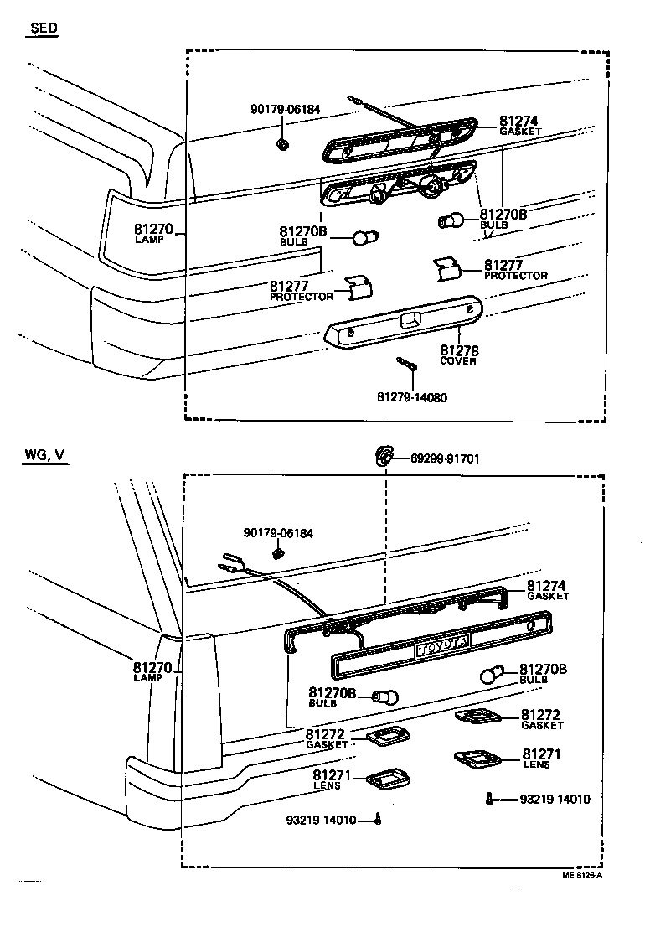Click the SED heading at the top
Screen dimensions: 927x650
pos(44,28)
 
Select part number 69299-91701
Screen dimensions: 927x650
pos(445,458)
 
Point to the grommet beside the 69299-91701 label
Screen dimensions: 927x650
pos(383,456)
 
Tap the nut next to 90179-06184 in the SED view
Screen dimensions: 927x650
pos(283,145)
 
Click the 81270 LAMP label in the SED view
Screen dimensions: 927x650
pos(152,232)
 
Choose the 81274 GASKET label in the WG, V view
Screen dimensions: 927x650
pos(547,590)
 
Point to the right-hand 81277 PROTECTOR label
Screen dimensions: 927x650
pos(515,270)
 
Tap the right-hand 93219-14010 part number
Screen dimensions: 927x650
pos(555,800)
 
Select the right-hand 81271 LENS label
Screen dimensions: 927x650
pos(541,759)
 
